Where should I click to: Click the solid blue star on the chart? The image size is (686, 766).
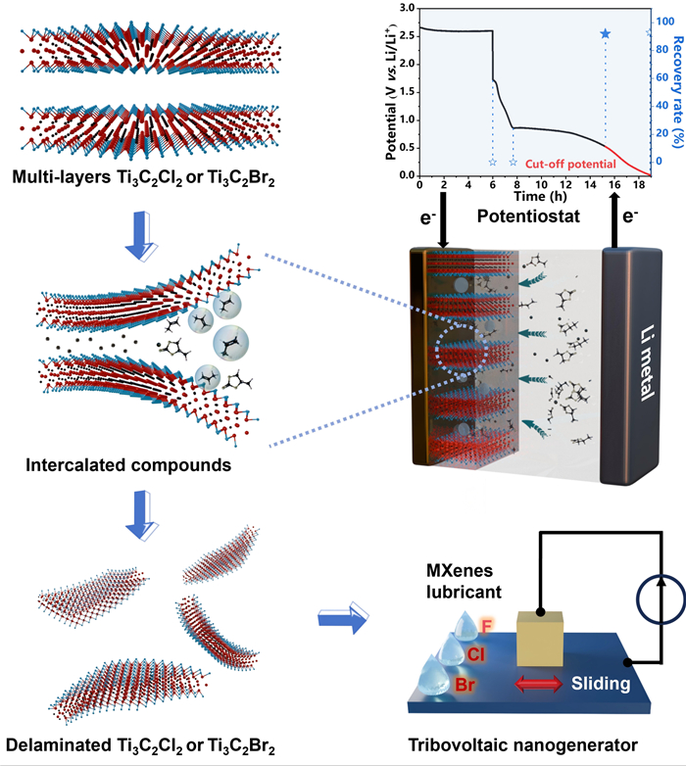point(605,34)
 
